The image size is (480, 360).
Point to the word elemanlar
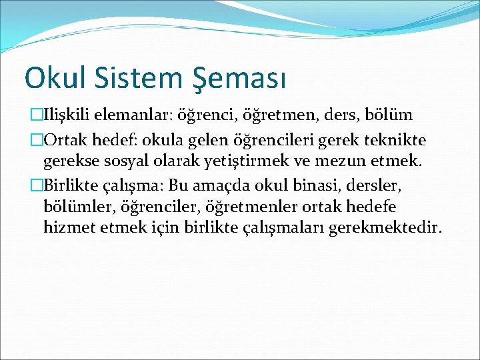(137, 115)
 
